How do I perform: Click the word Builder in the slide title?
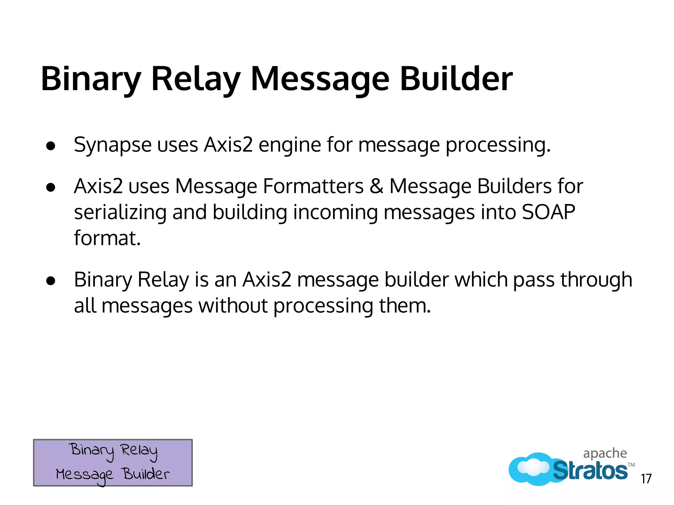click(x=456, y=79)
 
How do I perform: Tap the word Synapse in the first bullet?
click(x=113, y=145)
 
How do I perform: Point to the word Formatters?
click(x=313, y=186)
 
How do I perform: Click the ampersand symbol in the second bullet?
click(x=376, y=186)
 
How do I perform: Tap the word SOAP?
click(x=548, y=212)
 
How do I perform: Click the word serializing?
click(x=120, y=213)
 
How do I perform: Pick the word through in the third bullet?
click(x=596, y=280)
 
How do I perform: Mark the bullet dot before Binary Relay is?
click(x=51, y=281)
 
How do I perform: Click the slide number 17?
click(x=646, y=479)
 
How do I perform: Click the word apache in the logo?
click(x=605, y=454)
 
